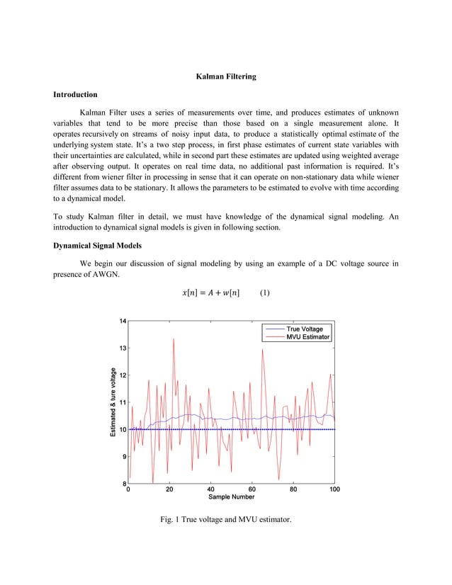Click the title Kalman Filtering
(x=226, y=76)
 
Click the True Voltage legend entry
(x=304, y=329)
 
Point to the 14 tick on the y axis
(x=123, y=322)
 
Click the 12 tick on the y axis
(x=123, y=375)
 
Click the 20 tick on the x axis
(x=169, y=489)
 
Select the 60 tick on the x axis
(x=252, y=489)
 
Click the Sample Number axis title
(x=231, y=497)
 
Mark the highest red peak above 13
(x=174, y=339)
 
